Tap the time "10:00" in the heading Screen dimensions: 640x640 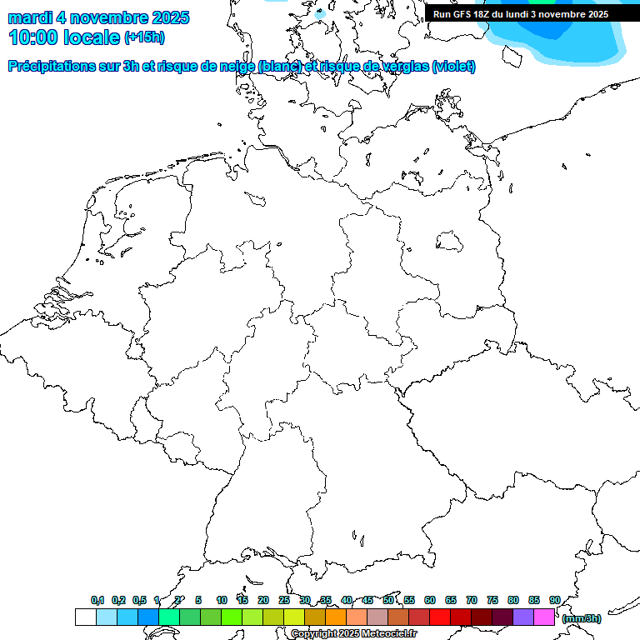(33, 37)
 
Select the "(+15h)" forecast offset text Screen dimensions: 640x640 (145, 37)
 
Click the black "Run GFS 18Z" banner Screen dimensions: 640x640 (521, 14)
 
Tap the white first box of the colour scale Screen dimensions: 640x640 (85, 617)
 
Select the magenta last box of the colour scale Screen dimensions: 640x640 (544, 617)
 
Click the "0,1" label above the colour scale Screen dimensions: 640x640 (97, 600)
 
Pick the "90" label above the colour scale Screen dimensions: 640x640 (555, 600)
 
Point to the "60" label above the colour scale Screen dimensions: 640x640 (430, 600)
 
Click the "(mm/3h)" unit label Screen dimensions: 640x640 (582, 618)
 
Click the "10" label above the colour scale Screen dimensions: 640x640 (222, 600)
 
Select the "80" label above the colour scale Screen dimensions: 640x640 (513, 600)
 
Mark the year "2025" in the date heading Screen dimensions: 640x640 (166, 17)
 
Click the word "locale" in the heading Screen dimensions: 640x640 (93, 37)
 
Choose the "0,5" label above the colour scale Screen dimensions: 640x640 (139, 600)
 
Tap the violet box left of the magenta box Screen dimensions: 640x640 (523, 617)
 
